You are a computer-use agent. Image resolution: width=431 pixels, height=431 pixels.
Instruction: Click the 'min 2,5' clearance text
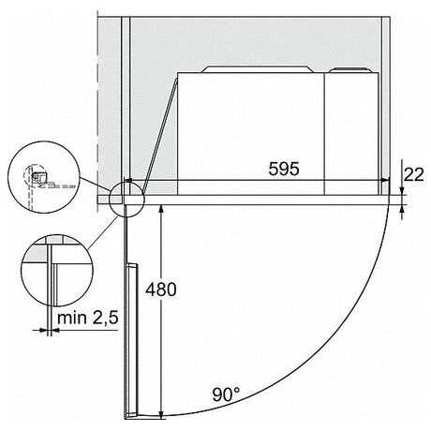[85, 320]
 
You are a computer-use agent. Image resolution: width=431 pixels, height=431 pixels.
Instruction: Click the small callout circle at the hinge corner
[126, 199]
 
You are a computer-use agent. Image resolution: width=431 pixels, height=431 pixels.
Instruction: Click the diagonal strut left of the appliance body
[156, 131]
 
